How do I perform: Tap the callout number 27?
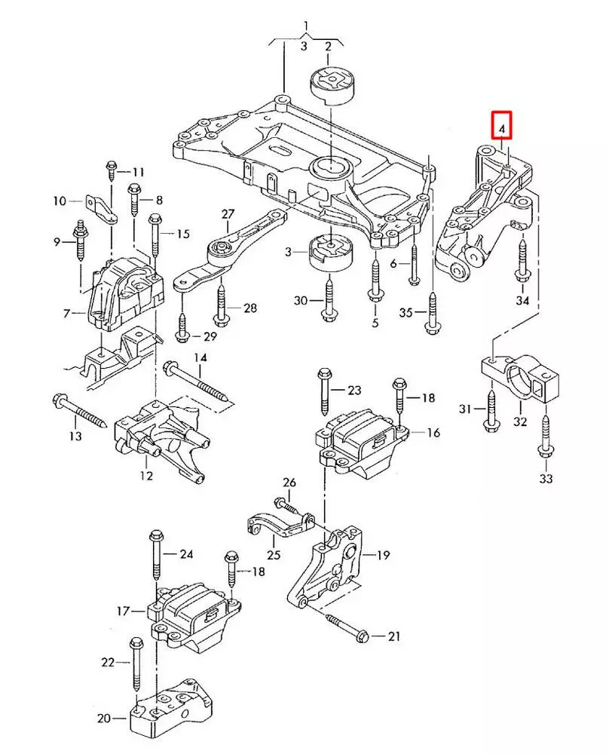pos(228,215)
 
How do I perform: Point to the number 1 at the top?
pos(306,28)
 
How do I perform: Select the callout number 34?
pos(522,301)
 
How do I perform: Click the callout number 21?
pos(393,637)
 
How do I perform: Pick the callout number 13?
pos(75,437)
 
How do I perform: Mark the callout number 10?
pos(60,201)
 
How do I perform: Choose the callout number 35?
pos(405,312)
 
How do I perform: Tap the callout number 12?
pos(145,476)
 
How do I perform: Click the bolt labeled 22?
pos(136,667)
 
